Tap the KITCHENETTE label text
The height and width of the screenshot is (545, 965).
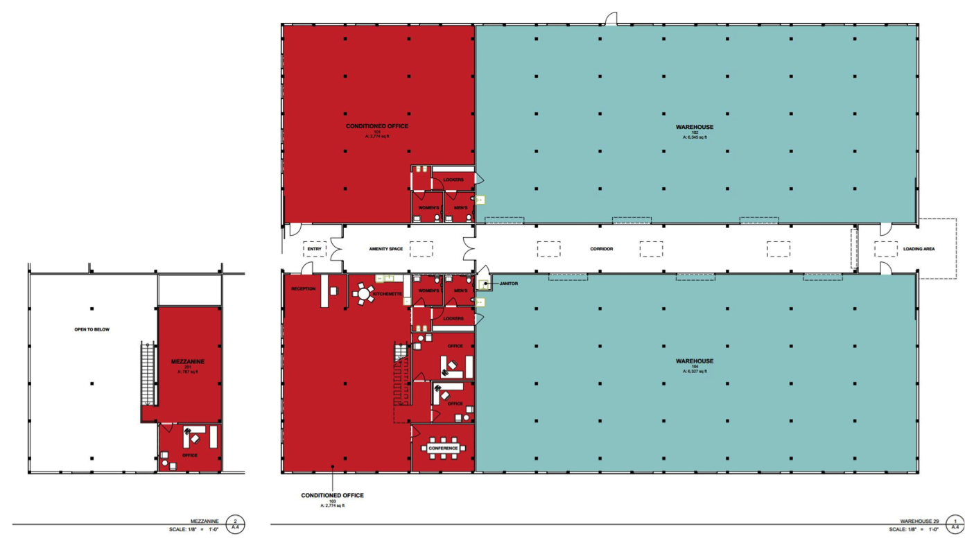388,294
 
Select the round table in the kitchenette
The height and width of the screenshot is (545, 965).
363,295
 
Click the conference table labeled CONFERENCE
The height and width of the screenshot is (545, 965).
443,448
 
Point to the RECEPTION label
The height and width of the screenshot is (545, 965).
303,288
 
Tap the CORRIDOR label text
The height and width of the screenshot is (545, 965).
601,248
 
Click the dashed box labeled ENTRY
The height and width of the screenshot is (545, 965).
314,248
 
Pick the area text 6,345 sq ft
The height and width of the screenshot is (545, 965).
695,137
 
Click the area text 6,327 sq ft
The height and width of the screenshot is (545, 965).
695,372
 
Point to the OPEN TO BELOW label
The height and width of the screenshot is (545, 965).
92,329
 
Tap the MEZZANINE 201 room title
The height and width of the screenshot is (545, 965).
187,362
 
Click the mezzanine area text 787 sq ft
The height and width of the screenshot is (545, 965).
187,372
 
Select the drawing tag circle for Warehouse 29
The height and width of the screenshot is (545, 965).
955,524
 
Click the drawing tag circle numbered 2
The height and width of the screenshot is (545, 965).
236,524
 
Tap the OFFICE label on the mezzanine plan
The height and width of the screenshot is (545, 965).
189,455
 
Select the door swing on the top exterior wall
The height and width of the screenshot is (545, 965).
610,19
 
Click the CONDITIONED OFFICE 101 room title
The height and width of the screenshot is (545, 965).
377,126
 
